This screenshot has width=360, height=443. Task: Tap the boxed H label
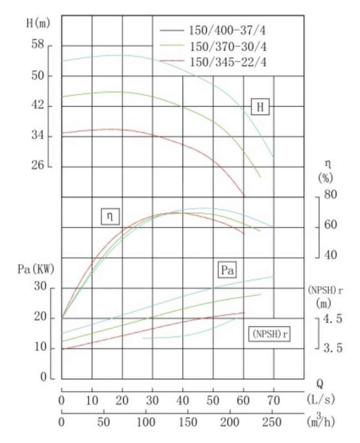point(260,107)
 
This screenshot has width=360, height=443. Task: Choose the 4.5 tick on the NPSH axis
point(333,319)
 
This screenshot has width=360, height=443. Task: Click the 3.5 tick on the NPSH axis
point(333,349)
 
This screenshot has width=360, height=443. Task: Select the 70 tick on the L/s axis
point(274,401)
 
